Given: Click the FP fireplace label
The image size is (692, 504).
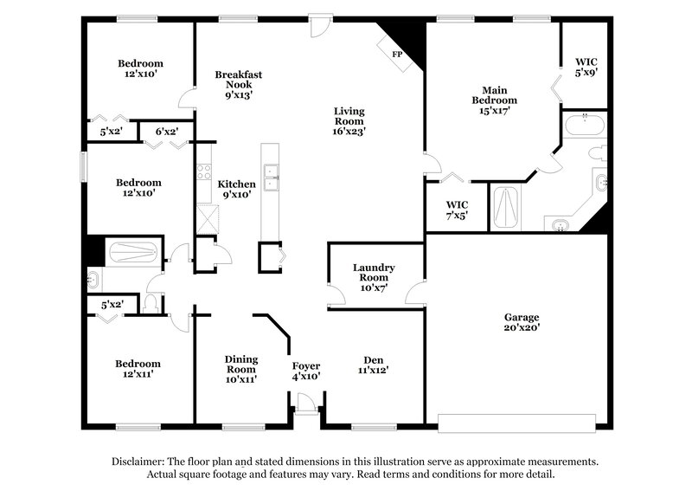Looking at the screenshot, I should coord(398,55).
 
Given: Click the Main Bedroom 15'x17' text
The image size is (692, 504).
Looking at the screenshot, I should coord(494,100).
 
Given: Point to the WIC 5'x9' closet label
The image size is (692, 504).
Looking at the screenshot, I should coord(586,68).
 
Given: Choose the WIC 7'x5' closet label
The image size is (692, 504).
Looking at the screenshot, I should coord(456,210).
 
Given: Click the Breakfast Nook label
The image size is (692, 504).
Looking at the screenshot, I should coord(239,85).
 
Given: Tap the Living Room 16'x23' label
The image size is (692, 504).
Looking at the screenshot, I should coord(349,121).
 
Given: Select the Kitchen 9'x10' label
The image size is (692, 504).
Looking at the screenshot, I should coord(236,190).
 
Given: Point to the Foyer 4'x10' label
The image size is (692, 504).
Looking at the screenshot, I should coord(306,371).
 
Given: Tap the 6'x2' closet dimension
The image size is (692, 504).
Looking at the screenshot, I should coord(167,132).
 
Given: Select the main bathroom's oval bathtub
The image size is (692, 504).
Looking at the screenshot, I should coord(585,127).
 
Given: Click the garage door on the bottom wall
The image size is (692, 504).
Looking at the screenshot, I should coord(517,423).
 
